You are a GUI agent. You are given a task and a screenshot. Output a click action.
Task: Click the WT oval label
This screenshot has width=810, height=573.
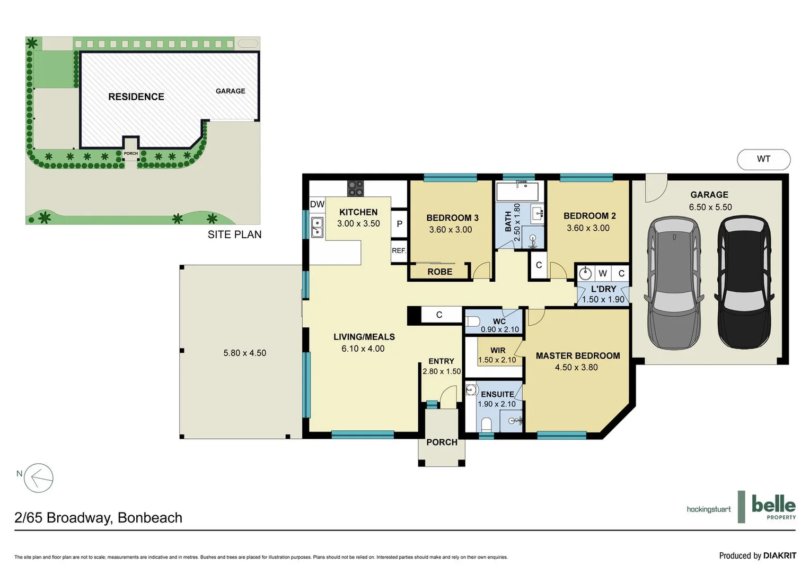pos(763,159)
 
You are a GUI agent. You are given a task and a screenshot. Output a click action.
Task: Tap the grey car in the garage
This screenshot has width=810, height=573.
pos(674,282)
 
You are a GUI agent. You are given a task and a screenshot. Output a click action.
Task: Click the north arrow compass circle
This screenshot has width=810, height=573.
pos(39,478)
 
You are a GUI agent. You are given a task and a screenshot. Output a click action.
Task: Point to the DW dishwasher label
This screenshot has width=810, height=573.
pos(317,204)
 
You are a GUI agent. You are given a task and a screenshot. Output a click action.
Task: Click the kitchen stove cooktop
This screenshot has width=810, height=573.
pos(355,188)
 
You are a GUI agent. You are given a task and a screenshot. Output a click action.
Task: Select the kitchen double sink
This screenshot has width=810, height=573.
pos(317,227)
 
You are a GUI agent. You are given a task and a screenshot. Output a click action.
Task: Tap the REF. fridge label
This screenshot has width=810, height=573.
pos(399,250)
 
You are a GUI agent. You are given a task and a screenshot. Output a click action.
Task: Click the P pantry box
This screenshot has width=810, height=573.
pos(399,224)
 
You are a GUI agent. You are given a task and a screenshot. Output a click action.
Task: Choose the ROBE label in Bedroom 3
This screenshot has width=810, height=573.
pos(439,272)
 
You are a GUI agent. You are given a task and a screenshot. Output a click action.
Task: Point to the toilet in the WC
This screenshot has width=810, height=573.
pos(473,322)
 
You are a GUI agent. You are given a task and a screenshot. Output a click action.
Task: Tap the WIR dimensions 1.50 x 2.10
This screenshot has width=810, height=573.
pos(497,360)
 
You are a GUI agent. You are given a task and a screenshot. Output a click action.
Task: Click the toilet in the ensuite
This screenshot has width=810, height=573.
pos(486,424)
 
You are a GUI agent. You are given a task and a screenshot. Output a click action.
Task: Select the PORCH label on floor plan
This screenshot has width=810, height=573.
pos(442,442)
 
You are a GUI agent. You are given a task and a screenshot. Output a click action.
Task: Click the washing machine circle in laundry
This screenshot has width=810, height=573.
pos(585,273)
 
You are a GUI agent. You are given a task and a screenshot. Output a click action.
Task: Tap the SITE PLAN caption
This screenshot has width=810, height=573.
pos(234,235)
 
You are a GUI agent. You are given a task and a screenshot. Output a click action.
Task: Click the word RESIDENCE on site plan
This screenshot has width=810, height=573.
pos(136,97)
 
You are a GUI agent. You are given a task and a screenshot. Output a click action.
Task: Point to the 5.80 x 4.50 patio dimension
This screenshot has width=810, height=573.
pos(244,353)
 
